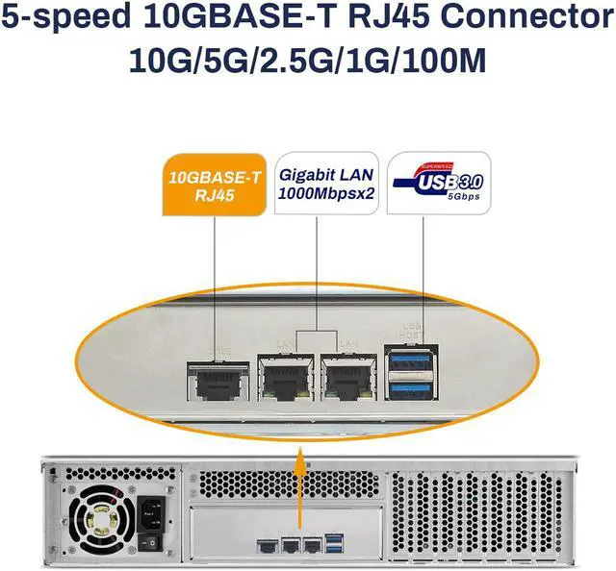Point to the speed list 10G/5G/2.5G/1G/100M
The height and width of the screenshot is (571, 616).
point(307,61)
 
